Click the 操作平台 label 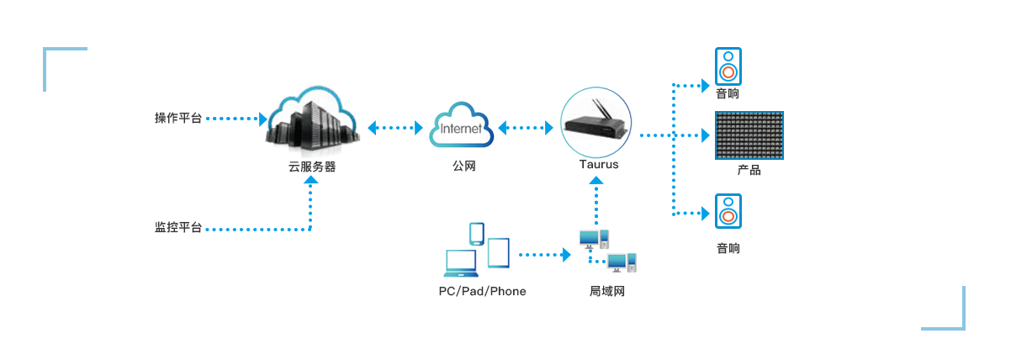pyautogui.click(x=178, y=119)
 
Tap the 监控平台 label pyautogui.click(x=178, y=228)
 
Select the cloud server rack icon pyautogui.click(x=311, y=122)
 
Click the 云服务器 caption pyautogui.click(x=312, y=167)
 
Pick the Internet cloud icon pyautogui.click(x=458, y=127)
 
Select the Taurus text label pyautogui.click(x=599, y=165)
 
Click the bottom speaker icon pyautogui.click(x=728, y=210)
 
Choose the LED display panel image pyautogui.click(x=749, y=135)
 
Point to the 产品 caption pyautogui.click(x=749, y=171)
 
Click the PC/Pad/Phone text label pyautogui.click(x=482, y=292)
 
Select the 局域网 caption pyautogui.click(x=607, y=292)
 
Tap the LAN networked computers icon pyautogui.click(x=608, y=251)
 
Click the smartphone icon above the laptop pyautogui.click(x=477, y=234)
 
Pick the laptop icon pyautogui.click(x=462, y=264)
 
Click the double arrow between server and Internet pyautogui.click(x=394, y=129)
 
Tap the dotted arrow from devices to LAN pyautogui.click(x=543, y=253)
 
